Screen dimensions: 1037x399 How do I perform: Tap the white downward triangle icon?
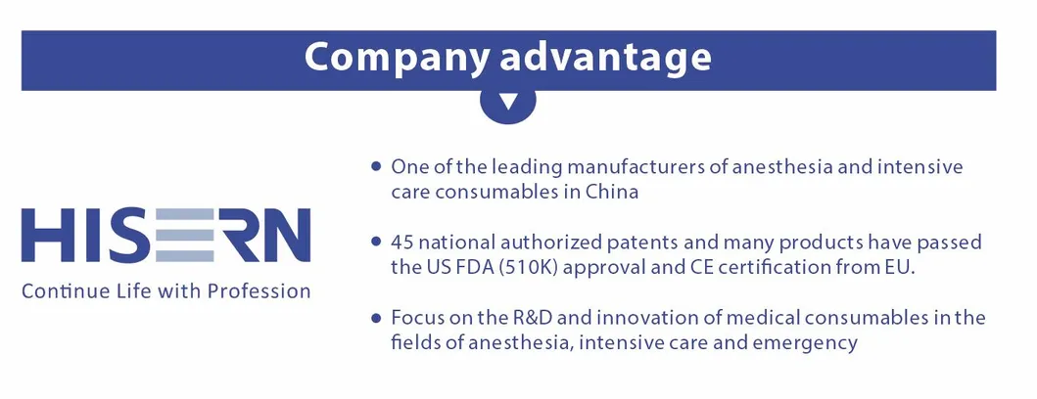[508, 103]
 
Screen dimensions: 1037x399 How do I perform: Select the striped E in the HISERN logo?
[184, 235]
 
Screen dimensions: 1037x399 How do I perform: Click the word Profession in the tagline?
[259, 290]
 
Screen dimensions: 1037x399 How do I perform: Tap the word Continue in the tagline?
[56, 290]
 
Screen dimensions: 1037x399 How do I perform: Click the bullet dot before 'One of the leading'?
[376, 166]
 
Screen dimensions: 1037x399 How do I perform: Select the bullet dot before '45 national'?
[376, 242]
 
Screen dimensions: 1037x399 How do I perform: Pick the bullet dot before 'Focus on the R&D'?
[376, 318]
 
